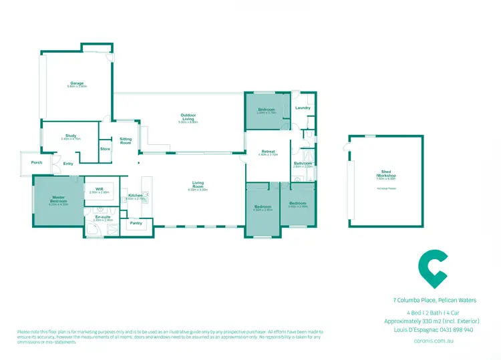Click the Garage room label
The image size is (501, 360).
point(77,83)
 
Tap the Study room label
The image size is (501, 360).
point(71,136)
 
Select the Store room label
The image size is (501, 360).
point(105,148)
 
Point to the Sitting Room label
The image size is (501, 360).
point(126,141)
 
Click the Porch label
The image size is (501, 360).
point(37,162)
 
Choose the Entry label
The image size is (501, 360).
point(68,164)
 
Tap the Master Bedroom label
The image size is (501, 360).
point(58,199)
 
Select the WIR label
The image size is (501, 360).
point(99,189)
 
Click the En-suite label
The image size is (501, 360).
point(103,217)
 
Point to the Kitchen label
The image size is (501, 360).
point(135,196)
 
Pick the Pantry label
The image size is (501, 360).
point(136,223)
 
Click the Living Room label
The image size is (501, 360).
point(198,183)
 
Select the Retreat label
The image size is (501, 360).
point(268,152)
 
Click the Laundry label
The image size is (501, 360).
point(302,108)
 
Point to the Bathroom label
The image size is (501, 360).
point(303,163)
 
